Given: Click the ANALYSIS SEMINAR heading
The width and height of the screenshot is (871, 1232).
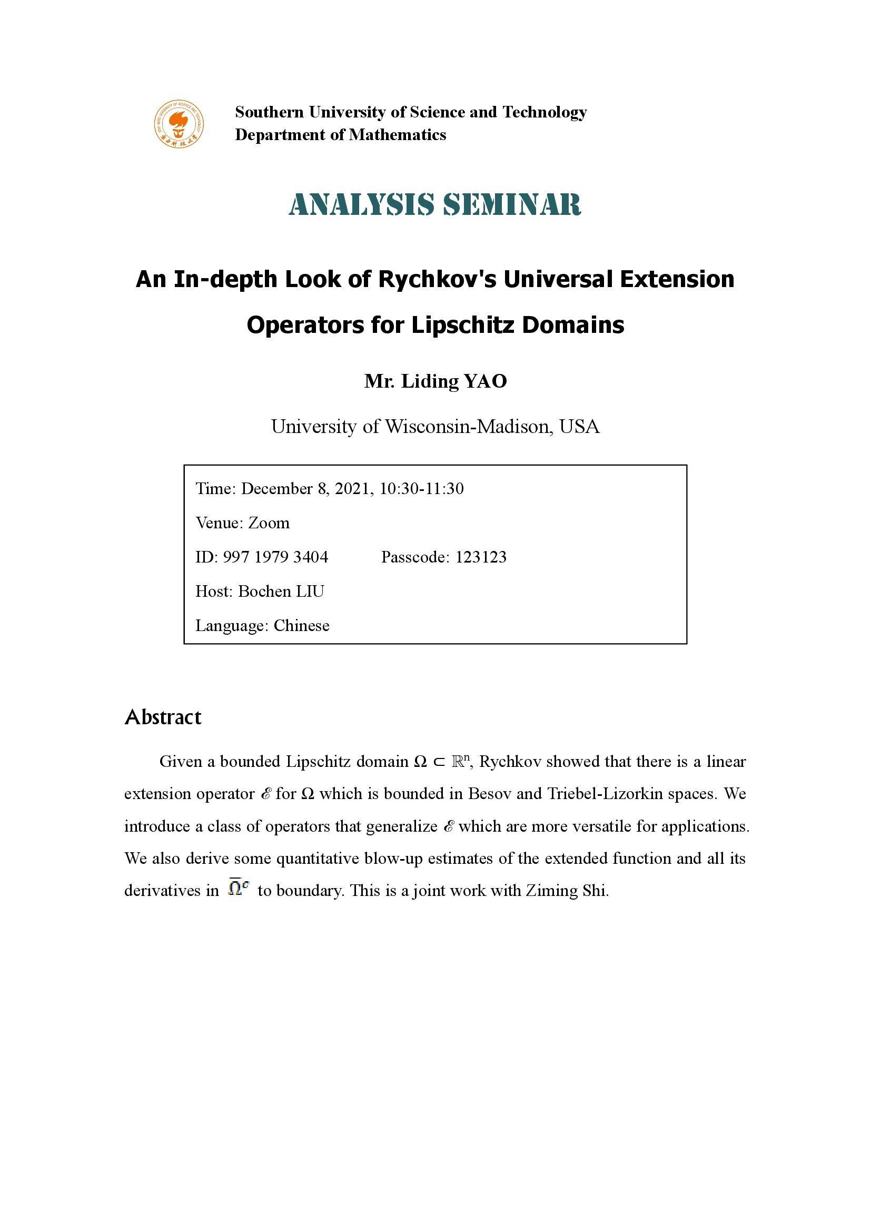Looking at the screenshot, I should (435, 204).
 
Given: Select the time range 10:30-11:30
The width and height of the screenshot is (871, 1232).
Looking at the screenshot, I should (422, 489).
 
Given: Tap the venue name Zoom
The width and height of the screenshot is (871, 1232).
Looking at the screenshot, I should (269, 523).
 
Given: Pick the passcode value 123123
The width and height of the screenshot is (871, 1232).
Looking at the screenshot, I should (481, 557).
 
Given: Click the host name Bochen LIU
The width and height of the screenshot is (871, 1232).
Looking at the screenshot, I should (281, 592).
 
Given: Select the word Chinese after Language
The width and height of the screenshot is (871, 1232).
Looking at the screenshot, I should (301, 626).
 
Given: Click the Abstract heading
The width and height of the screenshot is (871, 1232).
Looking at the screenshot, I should (163, 717).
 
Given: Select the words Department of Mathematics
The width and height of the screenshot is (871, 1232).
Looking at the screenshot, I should (341, 135).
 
